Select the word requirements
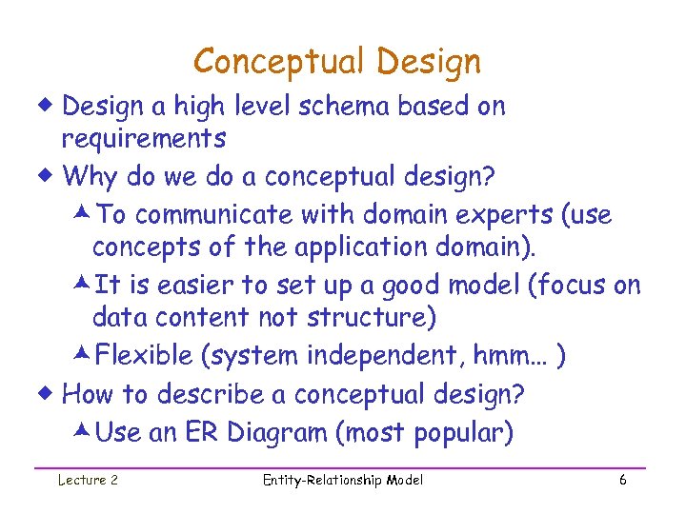(144, 139)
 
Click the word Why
(90, 177)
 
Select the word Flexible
(146, 355)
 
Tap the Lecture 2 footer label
(89, 481)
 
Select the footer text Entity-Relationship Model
(342, 481)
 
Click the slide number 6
(622, 481)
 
